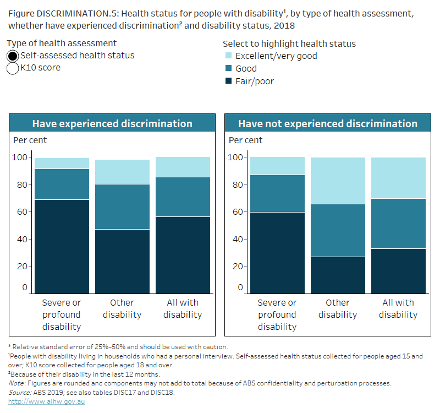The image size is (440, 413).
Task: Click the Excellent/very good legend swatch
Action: (x=228, y=56)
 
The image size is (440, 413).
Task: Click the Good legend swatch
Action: (x=228, y=69)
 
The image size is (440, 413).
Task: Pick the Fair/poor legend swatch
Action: (x=228, y=81)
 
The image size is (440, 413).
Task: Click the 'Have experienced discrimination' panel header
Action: (x=112, y=123)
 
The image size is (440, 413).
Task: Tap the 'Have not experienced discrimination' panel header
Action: (x=328, y=123)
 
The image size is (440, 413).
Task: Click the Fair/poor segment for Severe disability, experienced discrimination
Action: (x=62, y=246)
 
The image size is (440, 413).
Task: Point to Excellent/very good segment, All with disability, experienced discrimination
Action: (x=183, y=167)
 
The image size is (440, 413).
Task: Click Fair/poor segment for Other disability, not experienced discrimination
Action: (x=338, y=275)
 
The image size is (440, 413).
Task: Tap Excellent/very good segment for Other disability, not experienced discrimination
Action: (x=338, y=181)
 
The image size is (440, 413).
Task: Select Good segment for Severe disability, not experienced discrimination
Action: (x=277, y=193)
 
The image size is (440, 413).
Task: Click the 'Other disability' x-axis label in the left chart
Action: (x=122, y=308)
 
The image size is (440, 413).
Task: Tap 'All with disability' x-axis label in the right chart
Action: (x=398, y=308)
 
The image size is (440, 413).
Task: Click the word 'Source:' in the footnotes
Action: (x=19, y=392)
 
